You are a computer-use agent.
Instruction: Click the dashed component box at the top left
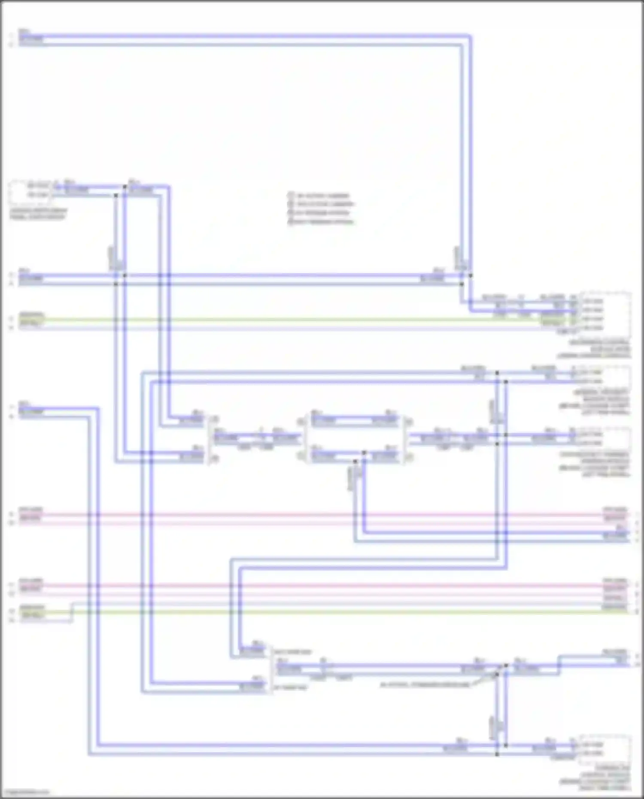pyautogui.click(x=29, y=191)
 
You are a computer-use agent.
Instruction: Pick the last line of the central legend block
pyautogui.click(x=321, y=222)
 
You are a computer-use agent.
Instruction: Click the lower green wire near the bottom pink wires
pyautogui.click(x=343, y=612)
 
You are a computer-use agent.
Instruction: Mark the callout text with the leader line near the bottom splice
pyautogui.click(x=425, y=684)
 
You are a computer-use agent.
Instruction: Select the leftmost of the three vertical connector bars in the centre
pyautogui.click(x=209, y=439)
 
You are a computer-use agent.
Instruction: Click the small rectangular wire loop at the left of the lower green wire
pyautogui.click(x=71, y=613)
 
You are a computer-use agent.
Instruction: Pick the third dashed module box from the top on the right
pyautogui.click(x=603, y=439)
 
